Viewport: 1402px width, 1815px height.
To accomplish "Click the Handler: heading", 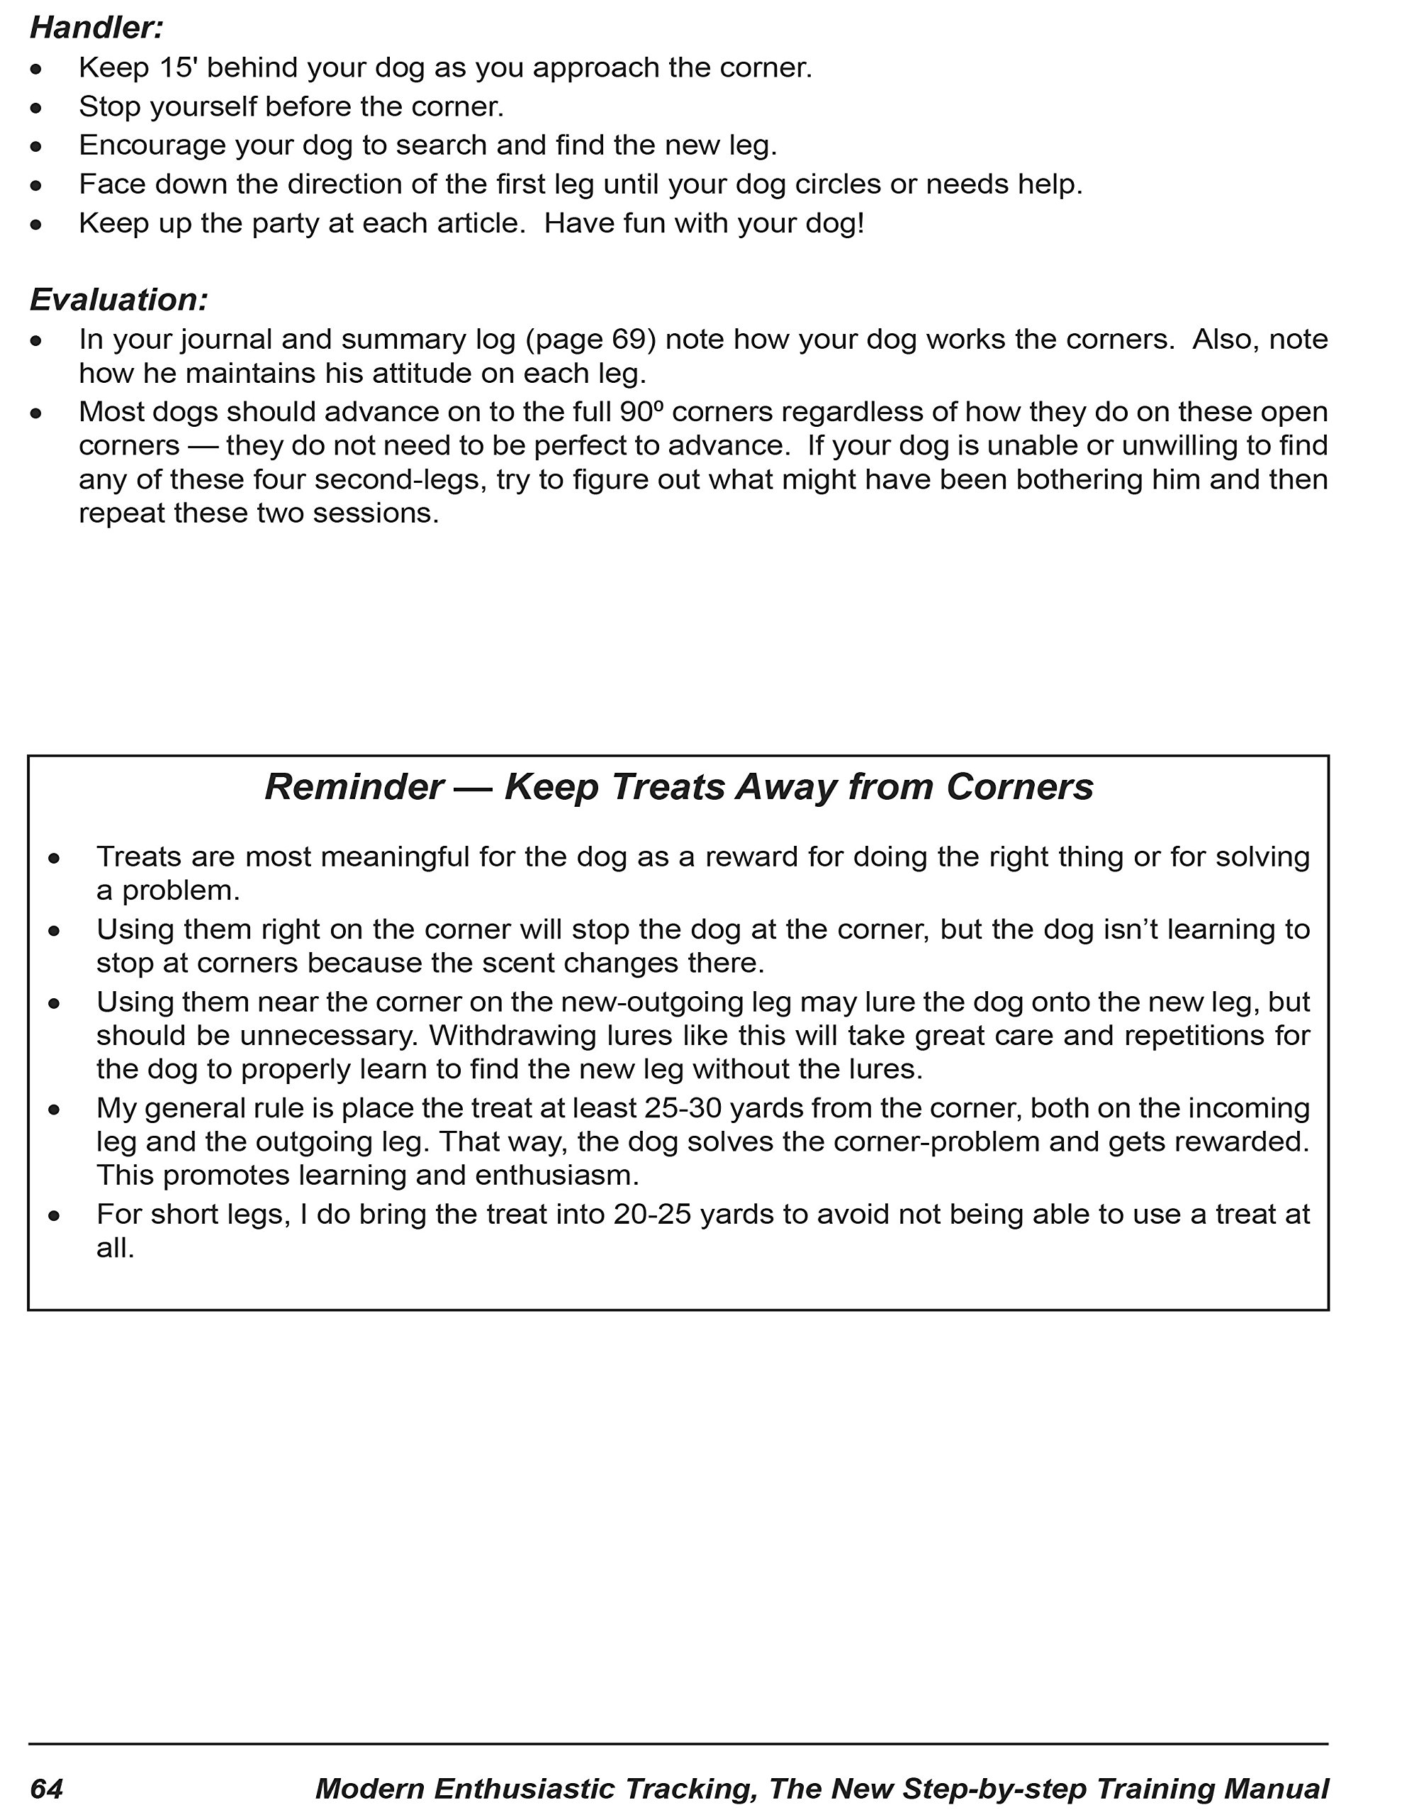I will pos(96,28).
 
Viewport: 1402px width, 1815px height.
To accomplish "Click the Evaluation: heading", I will pos(119,300).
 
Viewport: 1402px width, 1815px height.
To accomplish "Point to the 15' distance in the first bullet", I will pos(176,68).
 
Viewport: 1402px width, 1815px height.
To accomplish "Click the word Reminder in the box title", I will pos(353,787).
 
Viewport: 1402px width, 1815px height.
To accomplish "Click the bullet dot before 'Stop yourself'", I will pos(35,108).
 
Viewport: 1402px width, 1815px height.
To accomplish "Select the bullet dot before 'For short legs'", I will pos(54,1216).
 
